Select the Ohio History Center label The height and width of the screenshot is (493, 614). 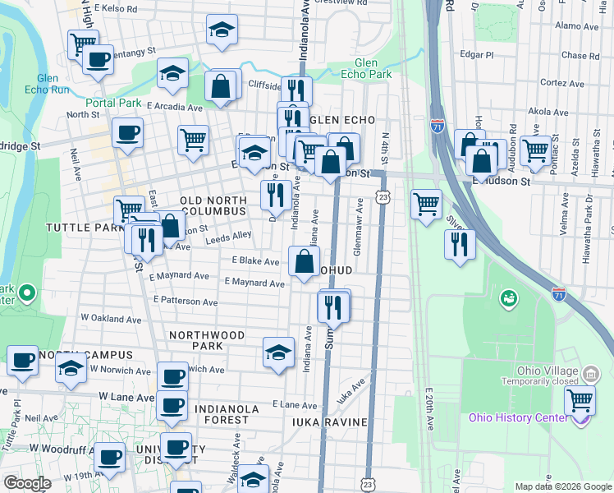pos(517,417)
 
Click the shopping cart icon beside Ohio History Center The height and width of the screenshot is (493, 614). pos(580,401)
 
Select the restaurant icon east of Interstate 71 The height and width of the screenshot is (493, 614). pos(460,244)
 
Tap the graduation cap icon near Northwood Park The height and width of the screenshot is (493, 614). pos(278,352)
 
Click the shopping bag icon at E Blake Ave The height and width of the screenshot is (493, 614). pos(304,263)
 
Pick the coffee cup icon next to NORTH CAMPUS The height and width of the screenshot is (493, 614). pos(22,360)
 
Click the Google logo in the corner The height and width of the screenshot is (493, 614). pos(27,484)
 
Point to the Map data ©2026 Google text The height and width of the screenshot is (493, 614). pos(564,486)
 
